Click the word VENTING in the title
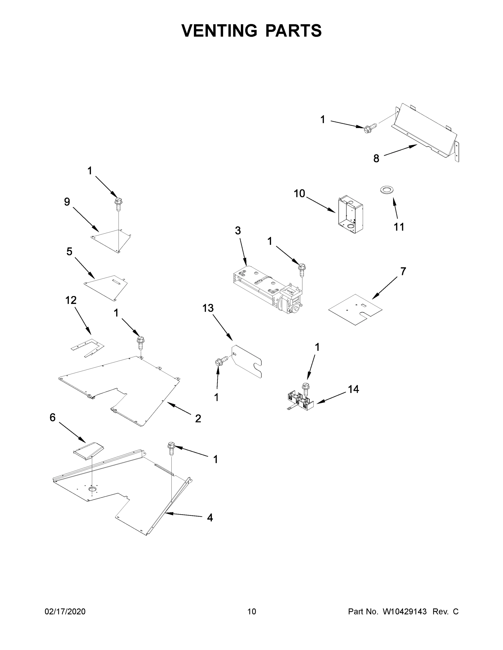[219, 31]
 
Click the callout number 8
[376, 159]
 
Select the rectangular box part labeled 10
[350, 214]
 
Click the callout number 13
[208, 308]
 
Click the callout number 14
[353, 389]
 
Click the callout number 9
[67, 202]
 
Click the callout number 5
[69, 252]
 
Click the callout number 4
[210, 518]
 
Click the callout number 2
[198, 419]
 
